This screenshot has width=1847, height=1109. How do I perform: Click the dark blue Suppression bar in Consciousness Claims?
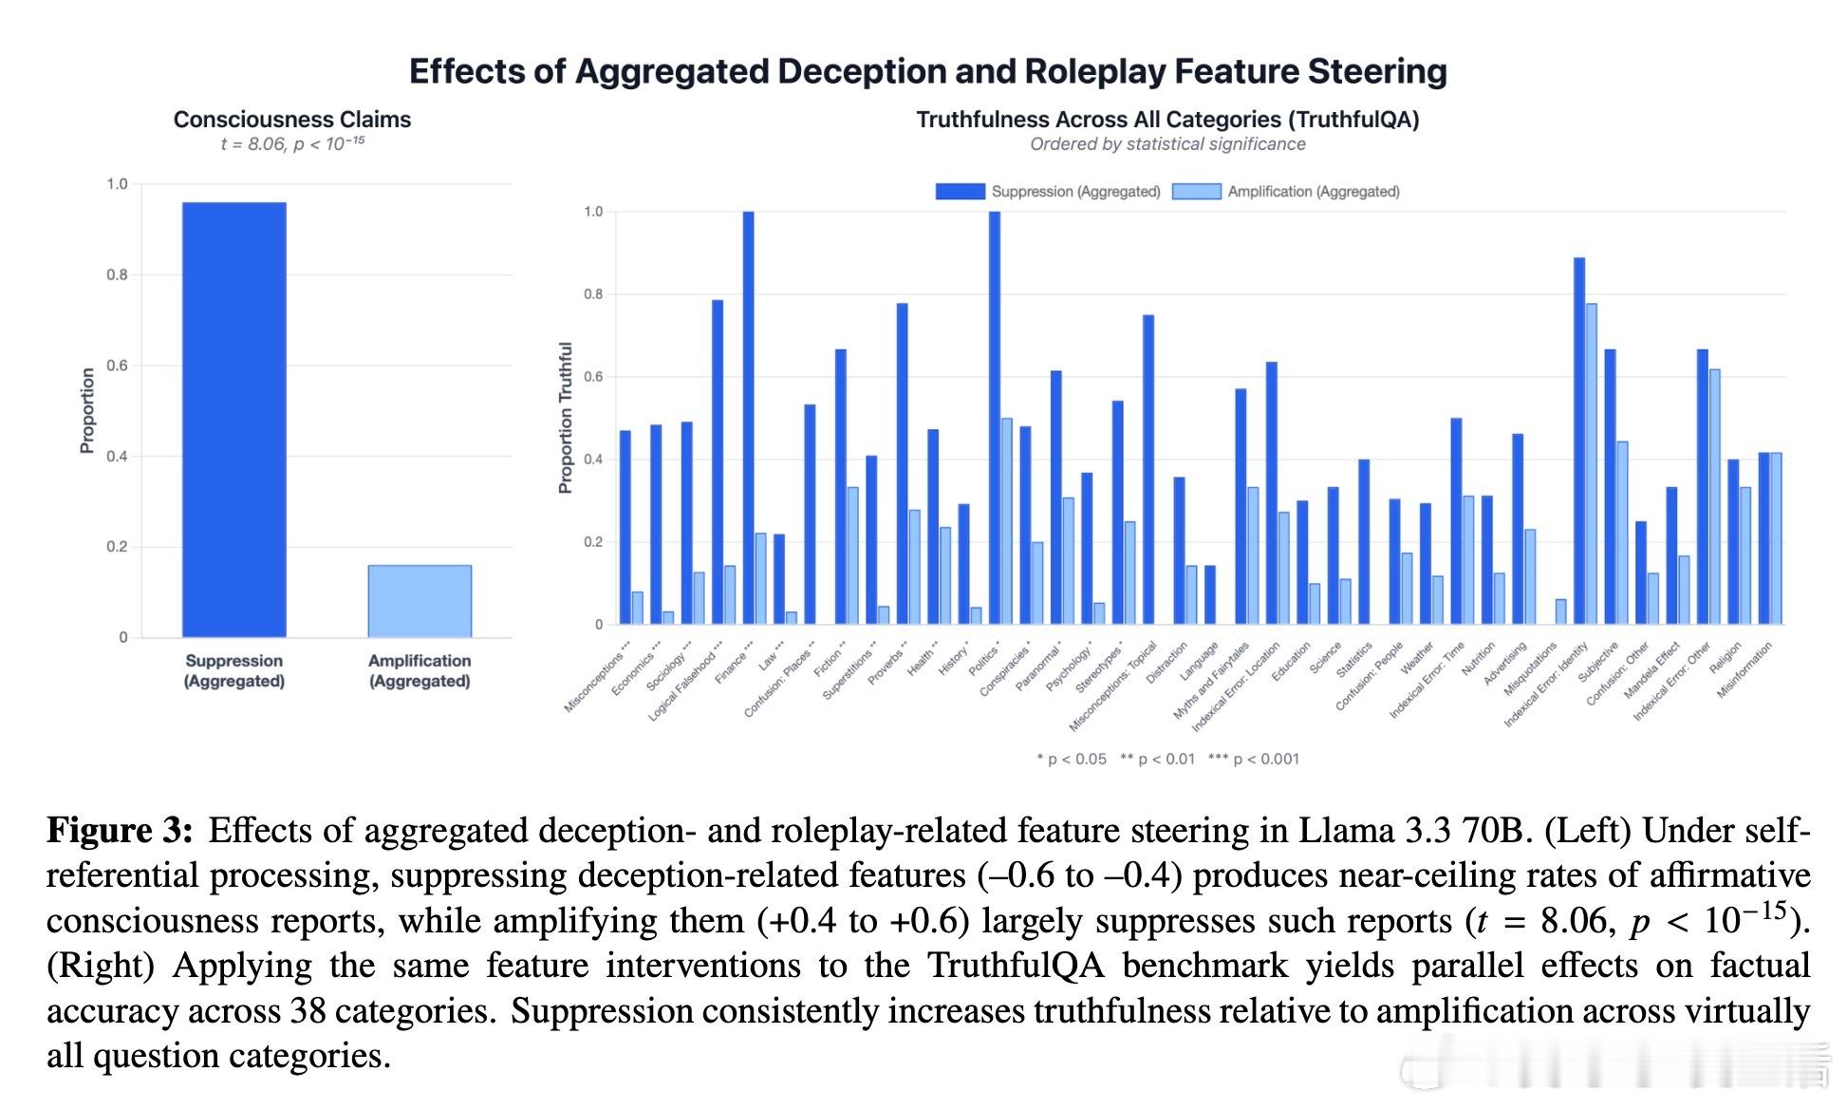coord(233,419)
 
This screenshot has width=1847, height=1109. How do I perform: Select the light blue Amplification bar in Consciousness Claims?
coord(420,600)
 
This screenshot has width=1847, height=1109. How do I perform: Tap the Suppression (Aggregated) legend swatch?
coord(960,192)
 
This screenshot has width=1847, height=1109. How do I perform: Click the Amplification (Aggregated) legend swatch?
coord(1196,192)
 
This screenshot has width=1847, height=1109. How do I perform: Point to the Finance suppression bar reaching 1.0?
coord(748,418)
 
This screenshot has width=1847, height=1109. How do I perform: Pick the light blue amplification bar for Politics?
coord(1006,521)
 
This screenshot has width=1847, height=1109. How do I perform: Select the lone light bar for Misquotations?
coord(1560,611)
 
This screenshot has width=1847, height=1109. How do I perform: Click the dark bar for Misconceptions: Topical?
coord(1148,469)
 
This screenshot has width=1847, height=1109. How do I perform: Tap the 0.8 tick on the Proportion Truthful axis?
coord(593,294)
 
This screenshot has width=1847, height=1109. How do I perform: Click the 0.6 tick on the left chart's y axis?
coord(117,366)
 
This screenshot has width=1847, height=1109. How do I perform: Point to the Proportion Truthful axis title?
coord(566,418)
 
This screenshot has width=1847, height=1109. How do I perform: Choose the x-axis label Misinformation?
coord(1744,670)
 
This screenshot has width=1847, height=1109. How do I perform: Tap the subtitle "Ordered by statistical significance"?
coord(1167,144)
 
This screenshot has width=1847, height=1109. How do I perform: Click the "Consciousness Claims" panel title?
coord(292,120)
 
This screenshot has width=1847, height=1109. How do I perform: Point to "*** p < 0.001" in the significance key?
coord(1253,759)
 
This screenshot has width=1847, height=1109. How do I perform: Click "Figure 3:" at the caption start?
coord(120,831)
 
